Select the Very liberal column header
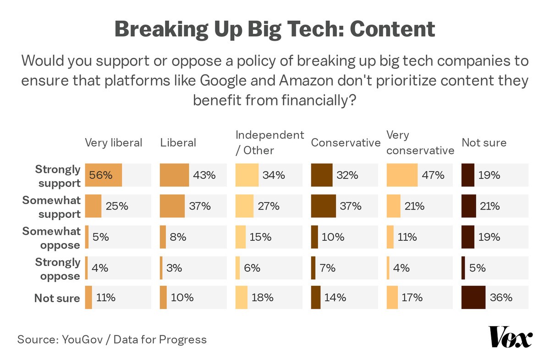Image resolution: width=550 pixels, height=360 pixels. [x=114, y=143]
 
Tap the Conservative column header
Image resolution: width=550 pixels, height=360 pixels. [x=346, y=143]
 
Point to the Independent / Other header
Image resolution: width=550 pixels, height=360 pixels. [x=269, y=143]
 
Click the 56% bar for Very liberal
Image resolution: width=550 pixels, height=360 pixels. [x=104, y=175]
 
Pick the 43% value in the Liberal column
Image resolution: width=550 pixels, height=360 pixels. [x=204, y=175]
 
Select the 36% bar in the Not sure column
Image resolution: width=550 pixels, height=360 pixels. [x=473, y=298]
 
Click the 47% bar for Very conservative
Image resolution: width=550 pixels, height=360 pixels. [x=402, y=175]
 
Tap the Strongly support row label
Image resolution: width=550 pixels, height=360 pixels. [x=58, y=176]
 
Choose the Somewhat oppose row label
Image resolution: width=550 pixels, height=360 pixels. [x=51, y=238]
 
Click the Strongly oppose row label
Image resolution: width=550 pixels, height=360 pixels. [x=58, y=269]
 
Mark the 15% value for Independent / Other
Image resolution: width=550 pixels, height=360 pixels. [x=260, y=237]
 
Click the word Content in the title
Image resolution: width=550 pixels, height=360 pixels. [x=392, y=29]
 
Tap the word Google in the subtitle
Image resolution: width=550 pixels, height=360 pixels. [x=235, y=81]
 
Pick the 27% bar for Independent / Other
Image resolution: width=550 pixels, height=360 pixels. [x=244, y=206]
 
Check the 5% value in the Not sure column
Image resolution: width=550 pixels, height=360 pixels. [x=478, y=268]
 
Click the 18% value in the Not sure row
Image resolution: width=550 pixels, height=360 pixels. [x=263, y=298]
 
